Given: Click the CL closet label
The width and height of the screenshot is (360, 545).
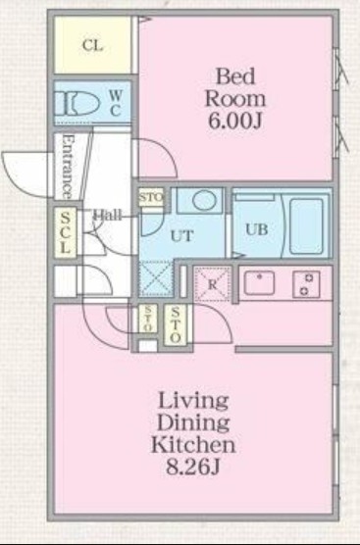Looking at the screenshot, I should pyautogui.click(x=93, y=46).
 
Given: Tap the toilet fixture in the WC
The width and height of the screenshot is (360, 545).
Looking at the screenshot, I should pyautogui.click(x=76, y=102).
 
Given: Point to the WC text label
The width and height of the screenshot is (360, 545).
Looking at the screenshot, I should pyautogui.click(x=115, y=102).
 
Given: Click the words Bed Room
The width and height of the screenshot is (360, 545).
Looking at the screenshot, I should pyautogui.click(x=234, y=87).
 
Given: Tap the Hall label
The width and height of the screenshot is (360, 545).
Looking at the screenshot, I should pyautogui.click(x=107, y=216).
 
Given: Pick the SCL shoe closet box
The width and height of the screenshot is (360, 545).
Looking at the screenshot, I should pyautogui.click(x=65, y=232).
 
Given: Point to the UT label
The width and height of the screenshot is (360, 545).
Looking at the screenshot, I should pyautogui.click(x=181, y=236).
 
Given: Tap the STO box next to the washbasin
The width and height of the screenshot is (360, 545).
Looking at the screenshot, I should pyautogui.click(x=151, y=199).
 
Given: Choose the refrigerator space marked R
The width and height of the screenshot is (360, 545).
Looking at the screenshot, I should pyautogui.click(x=211, y=282).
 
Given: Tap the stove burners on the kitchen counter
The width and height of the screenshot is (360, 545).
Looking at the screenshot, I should pyautogui.click(x=306, y=283).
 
